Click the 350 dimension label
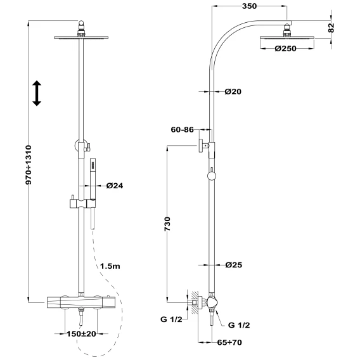tap(249, 6)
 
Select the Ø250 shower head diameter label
tap(286, 49)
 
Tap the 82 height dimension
tap(331, 28)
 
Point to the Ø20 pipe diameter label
tap(233, 92)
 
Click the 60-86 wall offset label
tap(183, 130)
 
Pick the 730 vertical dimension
tap(167, 224)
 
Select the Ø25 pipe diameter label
tap(234, 265)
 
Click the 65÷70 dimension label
tap(229, 342)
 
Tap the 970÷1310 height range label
tap(29, 165)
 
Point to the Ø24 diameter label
tap(115, 186)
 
